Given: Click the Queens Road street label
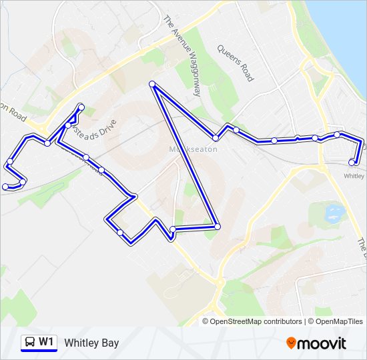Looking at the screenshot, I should (236, 63).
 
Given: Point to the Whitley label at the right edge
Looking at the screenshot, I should (354, 176).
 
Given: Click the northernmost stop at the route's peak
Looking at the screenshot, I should (152, 84).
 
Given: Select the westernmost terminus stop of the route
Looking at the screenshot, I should (5, 186).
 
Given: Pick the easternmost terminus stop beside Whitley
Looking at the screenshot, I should (352, 162).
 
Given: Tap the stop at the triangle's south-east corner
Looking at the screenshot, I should (217, 227).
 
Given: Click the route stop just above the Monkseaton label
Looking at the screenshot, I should (216, 138).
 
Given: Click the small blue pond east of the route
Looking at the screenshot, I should (333, 213).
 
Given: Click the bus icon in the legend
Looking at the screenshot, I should (29, 342).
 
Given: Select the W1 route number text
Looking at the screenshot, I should (46, 342).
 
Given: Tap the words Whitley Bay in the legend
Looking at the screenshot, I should (91, 343).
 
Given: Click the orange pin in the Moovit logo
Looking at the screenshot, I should (291, 343).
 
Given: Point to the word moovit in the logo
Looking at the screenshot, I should (322, 343).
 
